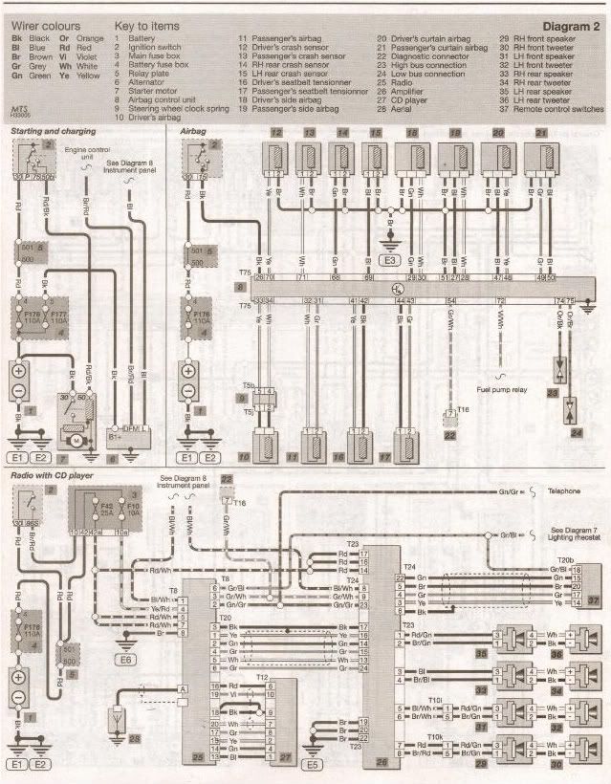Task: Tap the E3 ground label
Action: pyautogui.click(x=390, y=259)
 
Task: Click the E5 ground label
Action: pyautogui.click(x=313, y=765)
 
